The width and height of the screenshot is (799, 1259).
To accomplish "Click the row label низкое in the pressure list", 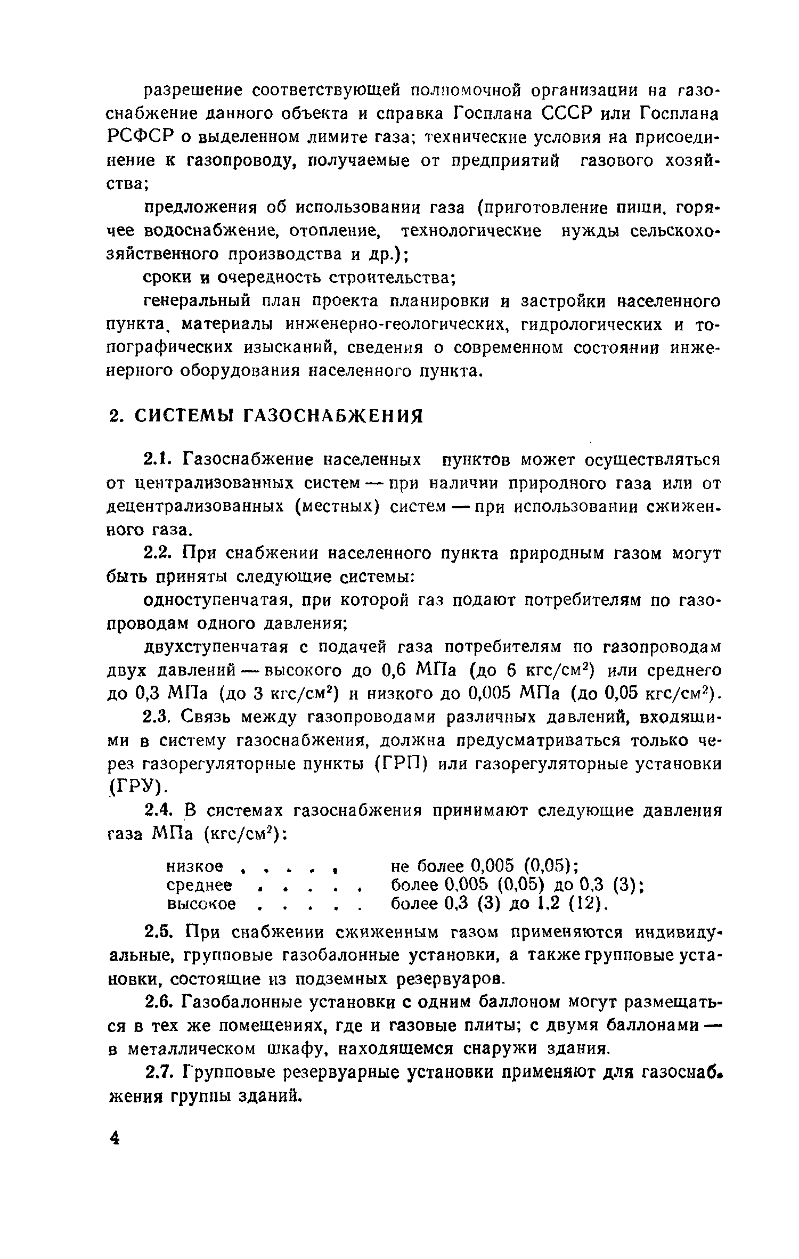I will click(x=194, y=865).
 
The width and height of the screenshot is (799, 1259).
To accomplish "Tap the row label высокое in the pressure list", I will click(x=201, y=904).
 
